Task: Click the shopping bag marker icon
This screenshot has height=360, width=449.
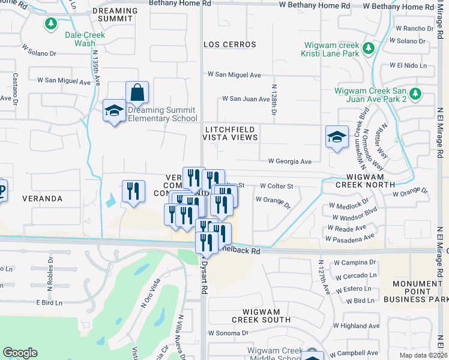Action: coord(137,92)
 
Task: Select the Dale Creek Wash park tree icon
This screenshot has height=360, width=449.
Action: coord(52,24)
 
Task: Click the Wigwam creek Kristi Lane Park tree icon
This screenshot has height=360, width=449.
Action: coord(370,47)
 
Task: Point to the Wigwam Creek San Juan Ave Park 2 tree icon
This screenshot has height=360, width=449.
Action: coord(415,94)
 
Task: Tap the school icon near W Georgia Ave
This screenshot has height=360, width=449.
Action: coord(337,136)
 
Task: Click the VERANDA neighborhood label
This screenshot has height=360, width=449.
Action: coord(43,198)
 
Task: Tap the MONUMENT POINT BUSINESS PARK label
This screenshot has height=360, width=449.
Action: coord(420,291)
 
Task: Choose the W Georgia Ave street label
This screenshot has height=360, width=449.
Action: coord(289,161)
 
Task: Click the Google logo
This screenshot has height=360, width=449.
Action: coord(20,353)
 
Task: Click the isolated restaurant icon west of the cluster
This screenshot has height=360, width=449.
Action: coord(133,191)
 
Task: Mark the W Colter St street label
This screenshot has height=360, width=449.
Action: coord(276,186)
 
